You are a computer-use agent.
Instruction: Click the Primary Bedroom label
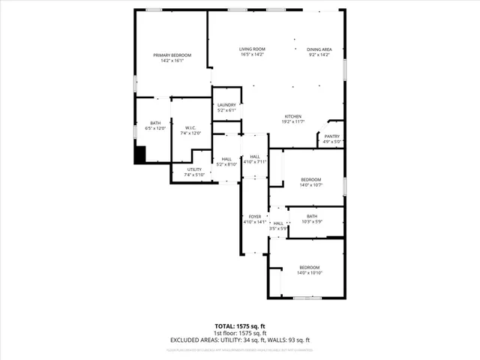tap(172, 58)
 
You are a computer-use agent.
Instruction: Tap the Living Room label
tap(252, 52)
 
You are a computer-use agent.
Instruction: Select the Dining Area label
tap(320, 52)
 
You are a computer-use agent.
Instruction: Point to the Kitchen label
tap(292, 118)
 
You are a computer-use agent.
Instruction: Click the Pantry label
tap(332, 139)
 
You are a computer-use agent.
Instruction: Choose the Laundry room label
tap(226, 107)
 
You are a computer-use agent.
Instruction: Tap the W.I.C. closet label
tap(190, 130)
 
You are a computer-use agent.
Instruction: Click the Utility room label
tap(193, 172)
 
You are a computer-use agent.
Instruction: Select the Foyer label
tap(255, 219)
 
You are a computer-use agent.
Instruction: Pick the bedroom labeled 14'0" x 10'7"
tap(310, 182)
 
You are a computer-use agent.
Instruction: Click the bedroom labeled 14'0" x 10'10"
tap(309, 270)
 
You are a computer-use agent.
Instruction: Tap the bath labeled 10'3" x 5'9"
tap(311, 219)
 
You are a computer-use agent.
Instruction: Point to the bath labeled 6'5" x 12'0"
tap(155, 126)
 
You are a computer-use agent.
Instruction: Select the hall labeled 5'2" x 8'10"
tap(226, 161)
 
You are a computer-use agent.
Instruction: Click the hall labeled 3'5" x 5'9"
tap(278, 226)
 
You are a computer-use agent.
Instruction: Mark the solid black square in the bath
tap(139, 154)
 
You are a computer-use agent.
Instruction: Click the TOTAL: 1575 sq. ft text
tap(240, 325)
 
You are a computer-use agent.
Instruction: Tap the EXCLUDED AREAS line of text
tap(240, 340)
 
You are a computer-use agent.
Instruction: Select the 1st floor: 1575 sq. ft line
tap(240, 333)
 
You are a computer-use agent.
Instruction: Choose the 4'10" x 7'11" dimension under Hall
tap(255, 161)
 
